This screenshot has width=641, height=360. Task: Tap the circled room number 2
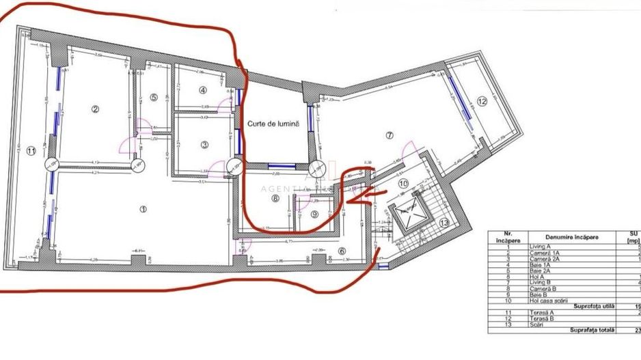(x=96, y=108)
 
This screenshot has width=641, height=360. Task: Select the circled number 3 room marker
(x=204, y=144)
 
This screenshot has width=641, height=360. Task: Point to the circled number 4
(x=203, y=90)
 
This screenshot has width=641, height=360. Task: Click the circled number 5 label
(x=154, y=98)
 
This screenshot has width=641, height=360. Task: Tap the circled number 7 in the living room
(x=390, y=135)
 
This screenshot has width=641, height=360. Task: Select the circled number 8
(x=275, y=199)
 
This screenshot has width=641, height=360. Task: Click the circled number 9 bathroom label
(x=314, y=214)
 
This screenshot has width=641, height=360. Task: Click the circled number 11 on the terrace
(x=31, y=151)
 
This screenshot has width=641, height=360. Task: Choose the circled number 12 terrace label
(x=482, y=101)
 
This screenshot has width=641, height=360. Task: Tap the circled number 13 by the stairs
(x=444, y=223)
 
